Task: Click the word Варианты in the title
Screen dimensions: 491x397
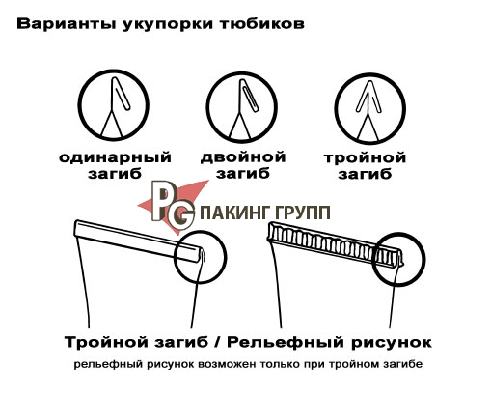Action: coord(66,25)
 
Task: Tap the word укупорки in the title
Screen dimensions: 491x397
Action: coord(168,25)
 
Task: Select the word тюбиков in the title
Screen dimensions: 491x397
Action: coord(262,24)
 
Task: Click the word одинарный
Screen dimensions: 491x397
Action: coord(115,158)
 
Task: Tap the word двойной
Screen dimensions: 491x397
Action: coord(243,157)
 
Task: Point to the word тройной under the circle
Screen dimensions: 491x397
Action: coord(365,158)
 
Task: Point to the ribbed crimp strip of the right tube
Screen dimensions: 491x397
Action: coord(336,244)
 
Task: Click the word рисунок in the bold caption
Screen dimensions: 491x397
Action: coord(392,343)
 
